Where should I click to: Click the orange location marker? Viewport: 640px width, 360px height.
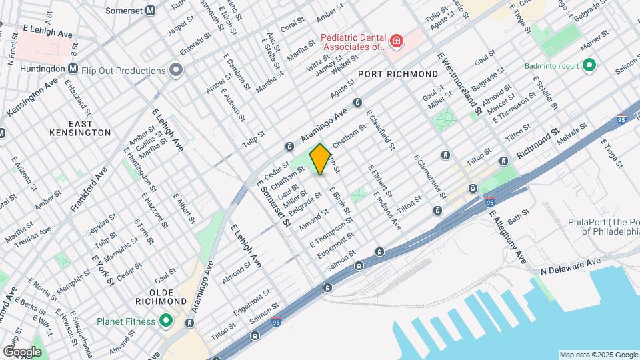coord(320,159)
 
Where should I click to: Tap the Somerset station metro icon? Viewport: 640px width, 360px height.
coord(151,10)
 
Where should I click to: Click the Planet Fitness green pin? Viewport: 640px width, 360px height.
coord(166,321)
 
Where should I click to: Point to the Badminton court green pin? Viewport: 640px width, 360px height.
coord(589,65)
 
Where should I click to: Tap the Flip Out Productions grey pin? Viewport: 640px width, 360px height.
coord(176,70)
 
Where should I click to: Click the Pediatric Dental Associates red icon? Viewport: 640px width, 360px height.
coord(397,42)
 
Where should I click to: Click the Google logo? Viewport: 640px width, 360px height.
coord(22,351)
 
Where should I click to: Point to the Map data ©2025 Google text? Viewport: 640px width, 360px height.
coord(598,355)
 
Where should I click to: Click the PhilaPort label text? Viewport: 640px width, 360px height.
coord(603,227)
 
